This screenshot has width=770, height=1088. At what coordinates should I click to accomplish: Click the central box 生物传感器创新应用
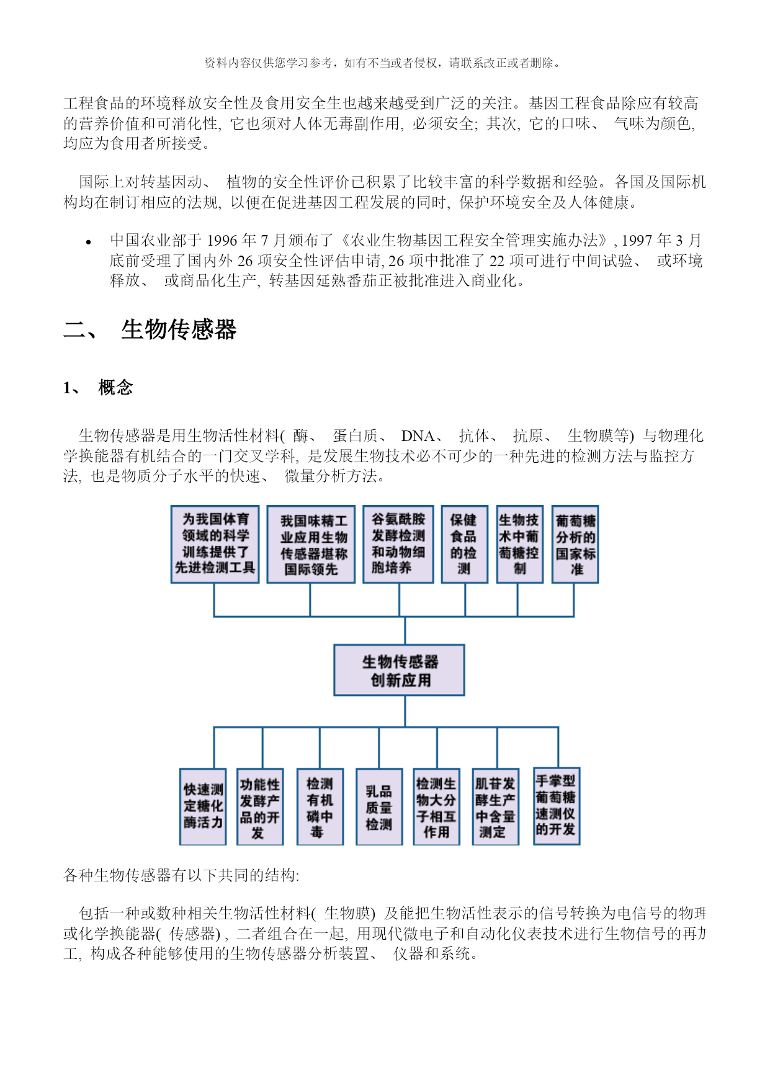click(x=399, y=670)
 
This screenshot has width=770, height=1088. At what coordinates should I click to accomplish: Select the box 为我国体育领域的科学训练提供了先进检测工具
click(x=215, y=544)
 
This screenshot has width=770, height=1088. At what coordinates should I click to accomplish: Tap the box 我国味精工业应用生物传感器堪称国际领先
click(x=311, y=544)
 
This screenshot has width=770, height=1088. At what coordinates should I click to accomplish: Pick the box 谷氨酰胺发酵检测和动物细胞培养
click(x=398, y=544)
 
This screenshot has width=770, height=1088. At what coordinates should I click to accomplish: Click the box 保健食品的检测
click(x=465, y=544)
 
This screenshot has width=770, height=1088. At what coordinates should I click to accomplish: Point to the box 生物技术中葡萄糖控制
click(x=520, y=544)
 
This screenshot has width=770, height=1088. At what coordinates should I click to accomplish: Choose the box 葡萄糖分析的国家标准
click(x=575, y=544)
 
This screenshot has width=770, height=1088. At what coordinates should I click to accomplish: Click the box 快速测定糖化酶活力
click(x=203, y=806)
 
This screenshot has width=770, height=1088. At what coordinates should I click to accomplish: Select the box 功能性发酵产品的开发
click(x=260, y=806)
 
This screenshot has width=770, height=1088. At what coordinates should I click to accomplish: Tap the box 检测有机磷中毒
click(x=320, y=806)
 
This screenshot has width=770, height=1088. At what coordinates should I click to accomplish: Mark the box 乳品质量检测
click(x=379, y=806)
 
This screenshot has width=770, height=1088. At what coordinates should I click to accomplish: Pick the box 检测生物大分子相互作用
click(x=436, y=806)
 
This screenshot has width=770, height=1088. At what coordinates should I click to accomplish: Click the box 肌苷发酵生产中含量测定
click(x=495, y=806)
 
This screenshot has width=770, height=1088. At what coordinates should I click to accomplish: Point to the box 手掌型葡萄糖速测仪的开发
click(x=557, y=806)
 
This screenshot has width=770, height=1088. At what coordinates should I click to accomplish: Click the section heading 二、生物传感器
click(x=150, y=329)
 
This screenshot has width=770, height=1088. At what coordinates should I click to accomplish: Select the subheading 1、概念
click(x=98, y=388)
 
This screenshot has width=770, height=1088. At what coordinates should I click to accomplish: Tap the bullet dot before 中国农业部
click(x=89, y=242)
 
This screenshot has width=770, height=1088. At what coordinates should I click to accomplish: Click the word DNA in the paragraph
click(x=418, y=436)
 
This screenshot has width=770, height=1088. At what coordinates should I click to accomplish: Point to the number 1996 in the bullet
click(x=222, y=241)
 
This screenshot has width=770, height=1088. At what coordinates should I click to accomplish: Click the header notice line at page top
click(x=384, y=63)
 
